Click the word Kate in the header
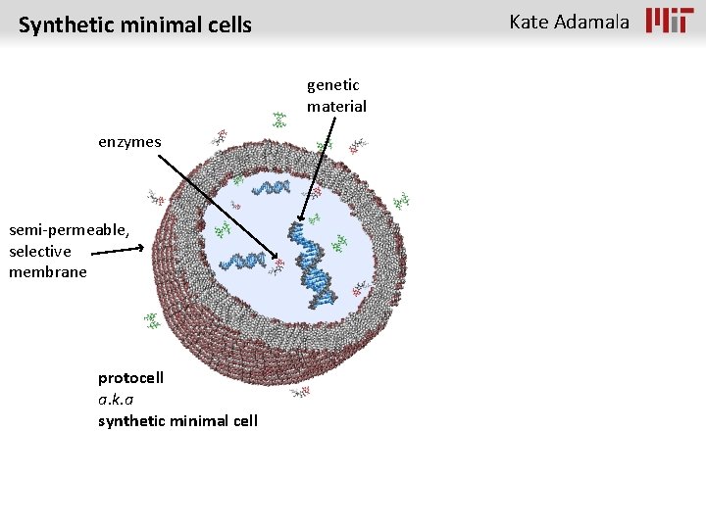(x=529, y=22)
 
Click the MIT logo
(x=669, y=21)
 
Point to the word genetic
(x=333, y=85)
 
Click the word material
(x=336, y=106)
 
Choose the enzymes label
(x=129, y=142)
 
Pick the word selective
(x=40, y=251)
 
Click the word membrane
(x=48, y=271)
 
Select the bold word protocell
(x=130, y=377)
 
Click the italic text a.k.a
(x=116, y=399)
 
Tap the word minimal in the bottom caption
(x=196, y=420)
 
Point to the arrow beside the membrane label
(x=123, y=251)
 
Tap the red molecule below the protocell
(x=300, y=393)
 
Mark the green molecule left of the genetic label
(x=279, y=120)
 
